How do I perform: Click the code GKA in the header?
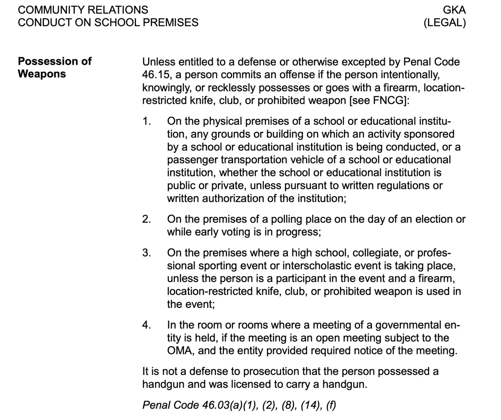454,10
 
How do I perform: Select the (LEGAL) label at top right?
444,23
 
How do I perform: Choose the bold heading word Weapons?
42,74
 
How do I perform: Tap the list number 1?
146,121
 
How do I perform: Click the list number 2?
146,219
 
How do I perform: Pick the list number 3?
146,253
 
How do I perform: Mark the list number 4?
146,325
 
